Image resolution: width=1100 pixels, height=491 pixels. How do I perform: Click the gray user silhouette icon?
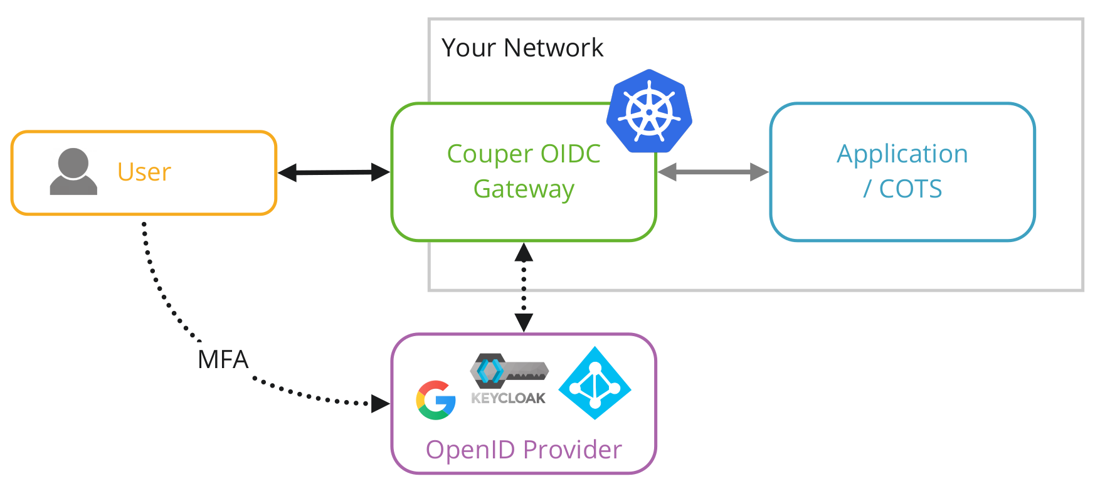(73, 172)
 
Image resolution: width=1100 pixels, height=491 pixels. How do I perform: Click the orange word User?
(144, 172)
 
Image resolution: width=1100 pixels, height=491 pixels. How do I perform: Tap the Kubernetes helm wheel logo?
(650, 112)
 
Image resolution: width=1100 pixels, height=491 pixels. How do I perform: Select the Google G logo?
(436, 400)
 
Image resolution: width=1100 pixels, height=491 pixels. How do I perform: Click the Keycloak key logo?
(509, 371)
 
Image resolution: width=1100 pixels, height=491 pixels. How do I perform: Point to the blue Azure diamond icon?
(595, 383)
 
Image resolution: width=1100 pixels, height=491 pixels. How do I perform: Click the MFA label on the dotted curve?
(223, 360)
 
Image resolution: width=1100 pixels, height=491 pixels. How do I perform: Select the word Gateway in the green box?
(524, 189)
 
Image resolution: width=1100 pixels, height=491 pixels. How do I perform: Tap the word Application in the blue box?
(902, 154)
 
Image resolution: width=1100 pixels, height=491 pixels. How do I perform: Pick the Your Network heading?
(522, 48)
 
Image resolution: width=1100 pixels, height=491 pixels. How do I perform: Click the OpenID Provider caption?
(524, 450)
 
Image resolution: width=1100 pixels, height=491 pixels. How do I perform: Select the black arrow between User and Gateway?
(334, 172)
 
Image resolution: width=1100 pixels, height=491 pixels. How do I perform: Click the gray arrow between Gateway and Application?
(713, 172)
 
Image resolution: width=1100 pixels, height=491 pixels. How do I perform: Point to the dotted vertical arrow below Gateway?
(524, 287)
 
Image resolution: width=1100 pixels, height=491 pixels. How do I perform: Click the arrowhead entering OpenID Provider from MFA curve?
(380, 404)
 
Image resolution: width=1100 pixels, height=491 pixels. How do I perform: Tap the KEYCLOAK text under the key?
(508, 398)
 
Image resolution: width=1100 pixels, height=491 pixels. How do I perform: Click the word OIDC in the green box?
(570, 154)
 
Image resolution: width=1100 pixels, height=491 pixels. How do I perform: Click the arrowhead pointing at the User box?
(287, 173)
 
